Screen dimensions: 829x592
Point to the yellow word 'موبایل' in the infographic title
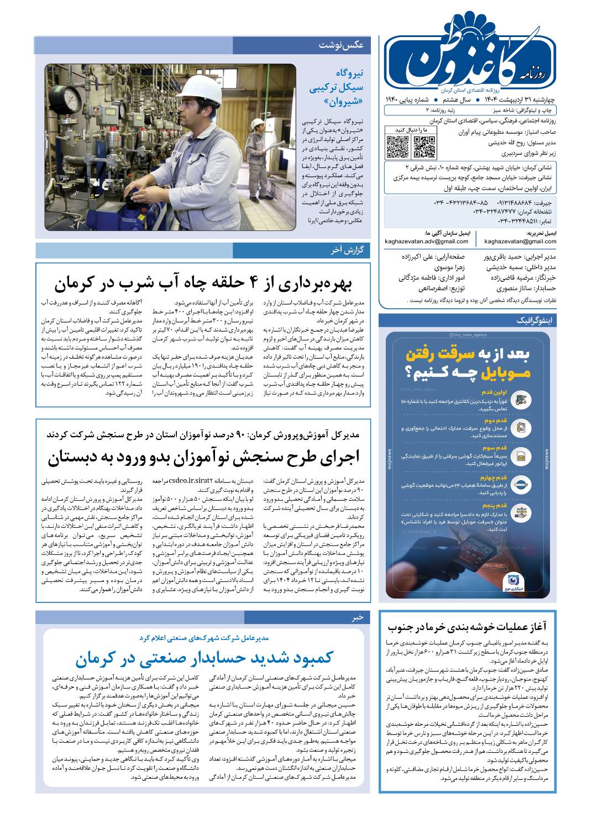(505, 373)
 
